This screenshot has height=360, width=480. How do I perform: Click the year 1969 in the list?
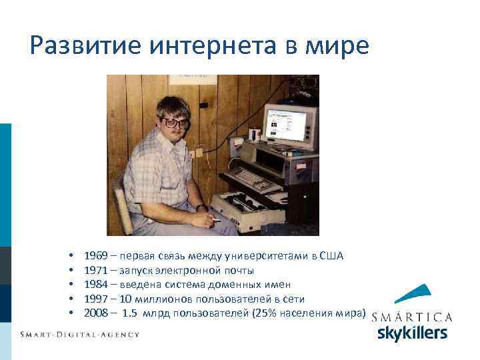(x=96, y=257)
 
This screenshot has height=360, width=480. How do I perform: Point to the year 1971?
(x=96, y=271)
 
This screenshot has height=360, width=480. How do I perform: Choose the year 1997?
(x=96, y=299)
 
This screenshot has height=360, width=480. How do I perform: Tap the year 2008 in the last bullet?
(x=96, y=313)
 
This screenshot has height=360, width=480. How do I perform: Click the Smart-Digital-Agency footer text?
(x=79, y=334)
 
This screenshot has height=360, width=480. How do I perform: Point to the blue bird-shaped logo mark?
(x=412, y=295)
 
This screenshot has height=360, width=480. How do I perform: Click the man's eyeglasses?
(x=175, y=123)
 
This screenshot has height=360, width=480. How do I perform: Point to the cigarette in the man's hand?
(x=215, y=220)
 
